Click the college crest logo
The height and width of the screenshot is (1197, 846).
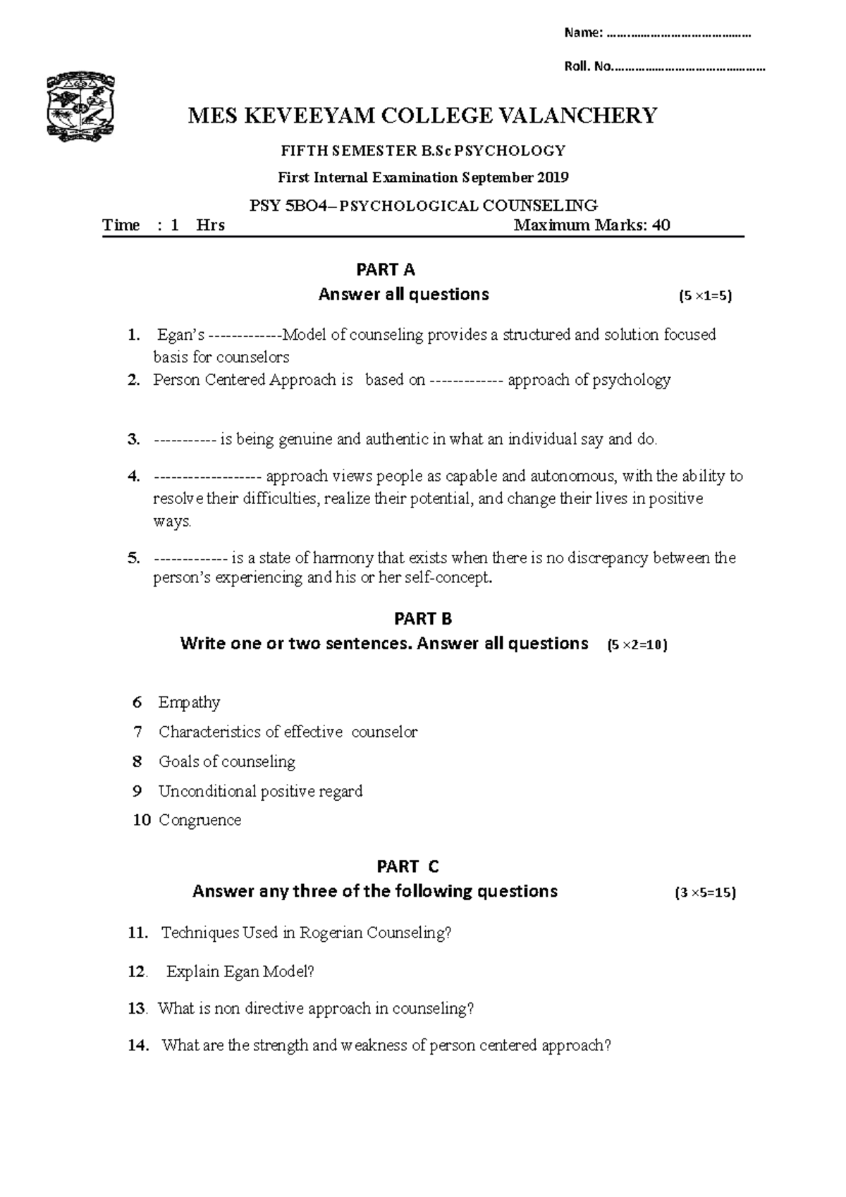click(x=80, y=108)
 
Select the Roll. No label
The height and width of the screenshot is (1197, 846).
click(x=588, y=68)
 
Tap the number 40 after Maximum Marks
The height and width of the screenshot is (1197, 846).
click(x=661, y=226)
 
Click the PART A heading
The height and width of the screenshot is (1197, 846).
click(x=386, y=270)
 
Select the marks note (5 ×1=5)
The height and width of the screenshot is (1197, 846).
click(x=704, y=297)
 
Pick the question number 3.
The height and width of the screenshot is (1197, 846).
click(x=134, y=440)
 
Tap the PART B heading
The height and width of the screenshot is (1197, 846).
click(x=423, y=619)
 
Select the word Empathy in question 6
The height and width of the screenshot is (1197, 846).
click(x=189, y=702)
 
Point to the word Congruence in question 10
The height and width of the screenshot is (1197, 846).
click(x=200, y=821)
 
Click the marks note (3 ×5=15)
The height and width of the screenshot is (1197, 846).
click(x=705, y=893)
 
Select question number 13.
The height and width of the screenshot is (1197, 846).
click(x=137, y=1009)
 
